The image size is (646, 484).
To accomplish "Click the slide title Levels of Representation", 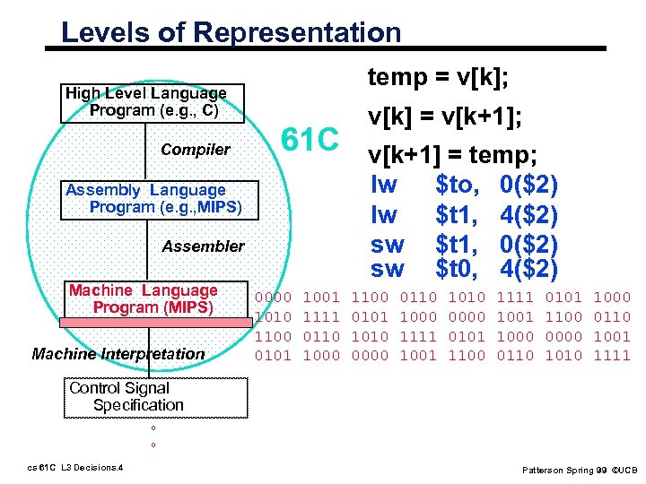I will (x=231, y=33).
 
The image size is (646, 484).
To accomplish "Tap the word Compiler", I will (x=196, y=150).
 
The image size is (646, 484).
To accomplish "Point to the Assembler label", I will (x=203, y=246).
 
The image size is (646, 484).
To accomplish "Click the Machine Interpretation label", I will (x=118, y=354).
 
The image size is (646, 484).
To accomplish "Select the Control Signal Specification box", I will (x=125, y=396).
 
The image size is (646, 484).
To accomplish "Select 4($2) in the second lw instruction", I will (x=529, y=216).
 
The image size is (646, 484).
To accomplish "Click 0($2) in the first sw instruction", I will (x=529, y=243).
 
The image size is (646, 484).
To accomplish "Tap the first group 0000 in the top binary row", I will (x=274, y=297).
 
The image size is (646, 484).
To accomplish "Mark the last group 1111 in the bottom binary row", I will (x=613, y=356).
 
